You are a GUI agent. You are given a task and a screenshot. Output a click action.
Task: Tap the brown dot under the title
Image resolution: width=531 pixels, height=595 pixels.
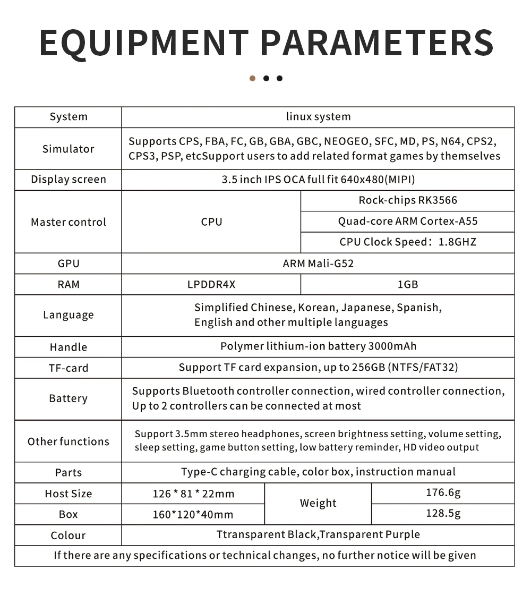pos(252,79)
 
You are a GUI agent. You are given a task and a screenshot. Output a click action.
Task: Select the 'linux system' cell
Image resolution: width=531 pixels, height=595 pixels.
pos(318,117)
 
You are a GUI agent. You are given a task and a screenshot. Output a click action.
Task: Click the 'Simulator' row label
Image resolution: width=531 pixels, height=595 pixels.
pos(68,149)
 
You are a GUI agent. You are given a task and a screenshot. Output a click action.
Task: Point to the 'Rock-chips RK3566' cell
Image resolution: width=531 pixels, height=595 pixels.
pos(407,200)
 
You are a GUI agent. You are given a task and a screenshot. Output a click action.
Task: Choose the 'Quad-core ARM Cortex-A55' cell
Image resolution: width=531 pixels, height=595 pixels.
pos(407,221)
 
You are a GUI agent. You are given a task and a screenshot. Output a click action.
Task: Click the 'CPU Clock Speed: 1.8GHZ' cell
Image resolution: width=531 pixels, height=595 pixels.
pos(407,242)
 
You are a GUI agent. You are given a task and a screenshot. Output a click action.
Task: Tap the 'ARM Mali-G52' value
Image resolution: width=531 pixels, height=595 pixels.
pos(318,263)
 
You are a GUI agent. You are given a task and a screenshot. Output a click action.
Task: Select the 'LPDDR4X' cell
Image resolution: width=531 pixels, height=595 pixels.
pos(211,284)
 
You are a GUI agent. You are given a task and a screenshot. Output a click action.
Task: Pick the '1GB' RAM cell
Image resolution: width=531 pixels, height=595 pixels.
pos(407,284)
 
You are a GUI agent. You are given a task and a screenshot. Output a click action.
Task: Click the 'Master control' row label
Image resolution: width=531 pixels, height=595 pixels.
pos(68,222)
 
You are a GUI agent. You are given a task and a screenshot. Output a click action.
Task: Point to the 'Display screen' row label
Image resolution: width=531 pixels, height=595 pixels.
pos(68,180)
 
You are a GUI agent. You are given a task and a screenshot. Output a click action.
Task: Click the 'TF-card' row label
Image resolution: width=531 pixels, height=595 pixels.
pos(68,368)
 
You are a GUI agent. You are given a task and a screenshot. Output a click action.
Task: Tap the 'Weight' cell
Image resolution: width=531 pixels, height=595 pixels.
pos(318,503)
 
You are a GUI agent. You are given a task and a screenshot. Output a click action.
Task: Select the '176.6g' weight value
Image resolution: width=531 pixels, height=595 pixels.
pos(443,492)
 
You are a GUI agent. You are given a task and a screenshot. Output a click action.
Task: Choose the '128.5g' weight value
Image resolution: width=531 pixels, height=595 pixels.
pos(443,513)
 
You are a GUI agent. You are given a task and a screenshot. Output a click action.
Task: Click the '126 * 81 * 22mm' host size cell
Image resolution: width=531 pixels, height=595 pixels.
pos(193,494)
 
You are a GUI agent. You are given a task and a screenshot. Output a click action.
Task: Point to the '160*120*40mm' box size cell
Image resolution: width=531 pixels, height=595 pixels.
pos(193,514)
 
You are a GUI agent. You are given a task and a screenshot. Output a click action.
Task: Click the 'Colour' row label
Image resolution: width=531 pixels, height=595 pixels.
pos(68,535)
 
